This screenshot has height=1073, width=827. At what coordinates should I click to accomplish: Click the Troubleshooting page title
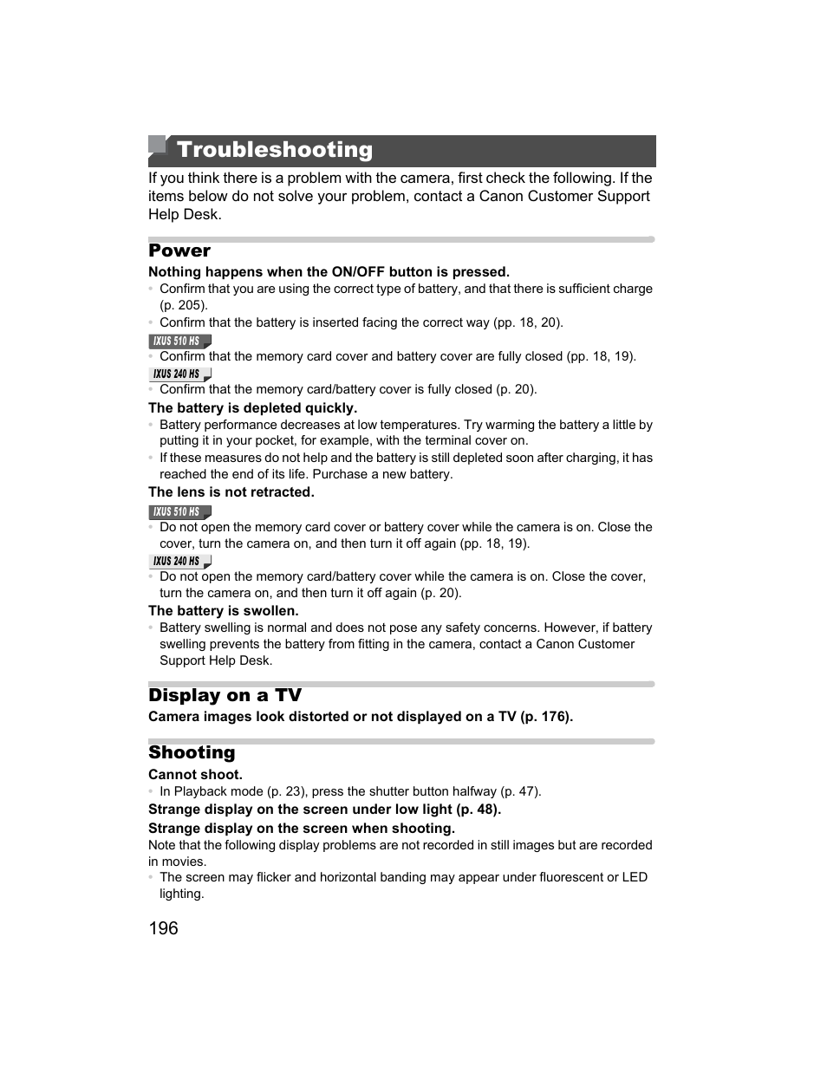[274, 150]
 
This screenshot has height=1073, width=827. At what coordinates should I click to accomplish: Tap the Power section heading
[179, 250]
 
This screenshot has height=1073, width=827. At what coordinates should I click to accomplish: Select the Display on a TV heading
[225, 695]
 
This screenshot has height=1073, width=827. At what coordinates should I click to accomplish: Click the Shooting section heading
[192, 752]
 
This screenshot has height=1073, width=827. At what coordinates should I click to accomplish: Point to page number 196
[163, 928]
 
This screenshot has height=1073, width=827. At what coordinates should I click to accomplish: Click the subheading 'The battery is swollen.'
[223, 611]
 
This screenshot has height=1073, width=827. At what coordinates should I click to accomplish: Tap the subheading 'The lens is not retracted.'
[231, 492]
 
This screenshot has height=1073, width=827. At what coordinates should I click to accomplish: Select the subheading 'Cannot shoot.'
[195, 775]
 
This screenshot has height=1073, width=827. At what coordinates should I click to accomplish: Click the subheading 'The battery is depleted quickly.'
[252, 408]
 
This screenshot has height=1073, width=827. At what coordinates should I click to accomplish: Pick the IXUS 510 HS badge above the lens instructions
[179, 512]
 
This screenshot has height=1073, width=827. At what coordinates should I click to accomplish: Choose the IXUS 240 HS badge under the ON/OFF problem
[179, 374]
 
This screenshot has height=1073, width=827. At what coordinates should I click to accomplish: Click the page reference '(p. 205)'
[184, 305]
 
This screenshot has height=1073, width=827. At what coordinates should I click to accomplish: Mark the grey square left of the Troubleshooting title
[156, 145]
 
